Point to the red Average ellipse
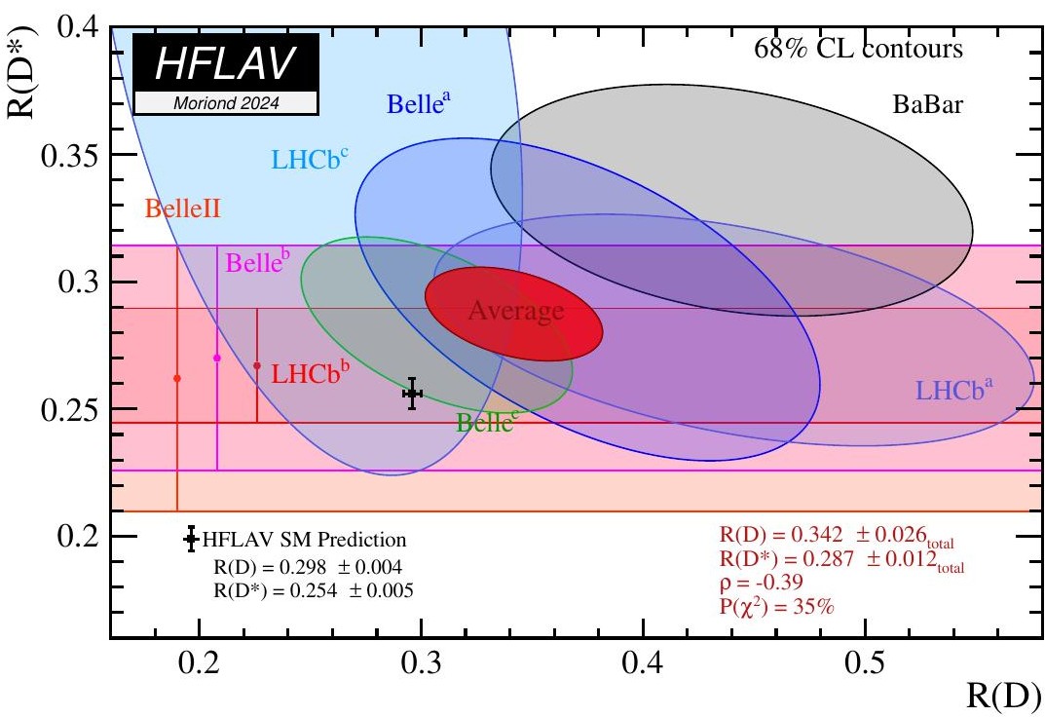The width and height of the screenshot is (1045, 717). pyautogui.click(x=515, y=314)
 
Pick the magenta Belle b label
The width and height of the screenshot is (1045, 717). pyautogui.click(x=258, y=263)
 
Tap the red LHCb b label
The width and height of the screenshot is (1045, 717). pyautogui.click(x=311, y=371)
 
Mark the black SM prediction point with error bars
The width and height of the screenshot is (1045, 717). pyautogui.click(x=412, y=394)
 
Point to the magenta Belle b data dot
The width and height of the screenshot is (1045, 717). pyautogui.click(x=217, y=358)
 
